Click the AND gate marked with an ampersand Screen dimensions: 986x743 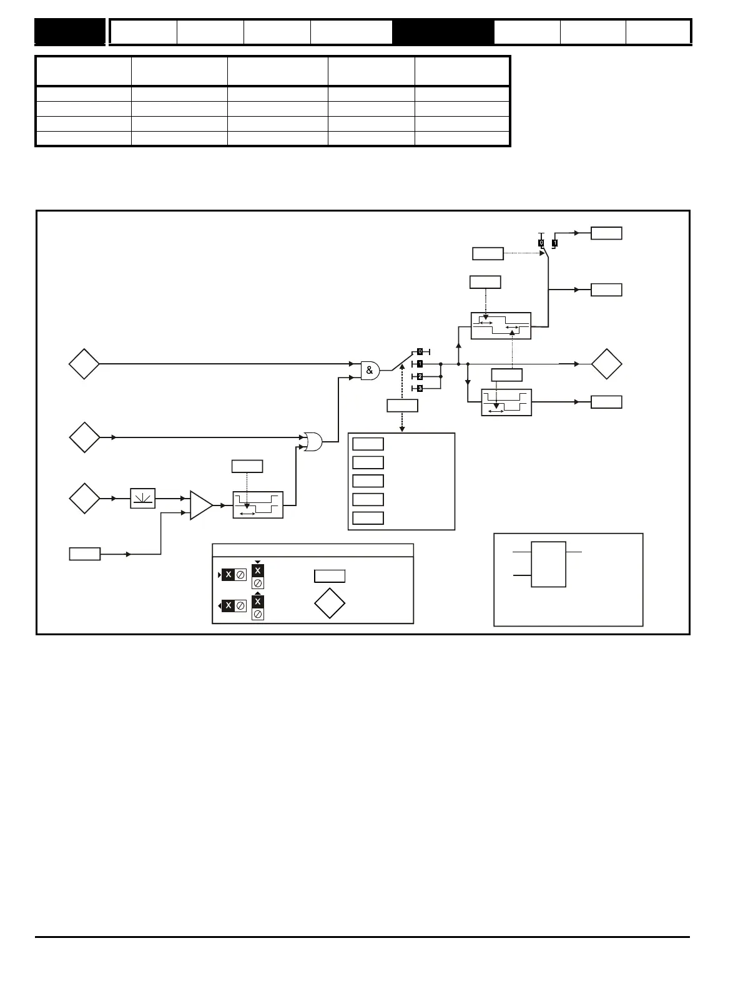pyautogui.click(x=370, y=371)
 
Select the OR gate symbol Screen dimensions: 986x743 pyautogui.click(x=312, y=442)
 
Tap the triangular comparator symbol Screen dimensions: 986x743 pyautogui.click(x=200, y=505)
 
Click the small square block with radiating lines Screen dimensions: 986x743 pyautogui.click(x=142, y=499)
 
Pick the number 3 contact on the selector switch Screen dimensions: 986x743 pyautogui.click(x=420, y=389)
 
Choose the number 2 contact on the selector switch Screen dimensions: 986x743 pyautogui.click(x=420, y=377)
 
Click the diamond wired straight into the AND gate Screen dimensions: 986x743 pyautogui.click(x=84, y=364)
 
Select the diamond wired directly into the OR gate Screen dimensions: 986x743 pyautogui.click(x=84, y=437)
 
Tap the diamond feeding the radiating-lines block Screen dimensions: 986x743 pyautogui.click(x=84, y=499)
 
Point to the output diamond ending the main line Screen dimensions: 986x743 pyautogui.click(x=606, y=364)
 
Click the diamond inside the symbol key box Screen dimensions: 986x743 pyautogui.click(x=330, y=603)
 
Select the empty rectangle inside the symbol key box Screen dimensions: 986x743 pyautogui.click(x=330, y=576)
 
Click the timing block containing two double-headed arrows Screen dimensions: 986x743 pyautogui.click(x=501, y=326)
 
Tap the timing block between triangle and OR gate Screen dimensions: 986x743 pyautogui.click(x=258, y=505)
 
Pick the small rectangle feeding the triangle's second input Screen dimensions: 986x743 pyautogui.click(x=84, y=554)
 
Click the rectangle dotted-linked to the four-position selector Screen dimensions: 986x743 pyautogui.click(x=402, y=406)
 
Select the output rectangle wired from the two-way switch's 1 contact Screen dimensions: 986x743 pyautogui.click(x=606, y=233)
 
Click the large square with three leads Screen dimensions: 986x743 pyautogui.click(x=548, y=564)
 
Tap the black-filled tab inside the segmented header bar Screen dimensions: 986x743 pyautogui.click(x=443, y=32)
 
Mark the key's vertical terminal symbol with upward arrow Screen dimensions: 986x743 pyautogui.click(x=258, y=607)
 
